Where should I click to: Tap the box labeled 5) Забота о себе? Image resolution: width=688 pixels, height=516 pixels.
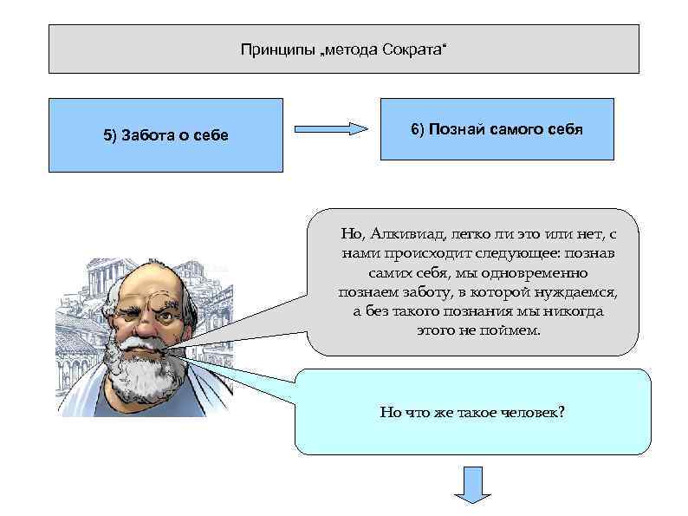[166, 135]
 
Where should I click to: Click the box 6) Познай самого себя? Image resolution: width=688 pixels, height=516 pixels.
[497, 129]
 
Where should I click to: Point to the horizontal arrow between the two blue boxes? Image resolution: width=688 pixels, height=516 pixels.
[331, 129]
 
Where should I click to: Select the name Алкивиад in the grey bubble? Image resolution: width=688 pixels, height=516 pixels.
[405, 234]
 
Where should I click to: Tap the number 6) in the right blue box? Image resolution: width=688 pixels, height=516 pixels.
[419, 129]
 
